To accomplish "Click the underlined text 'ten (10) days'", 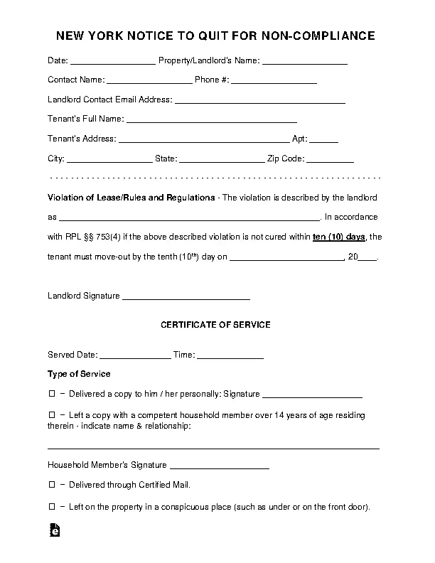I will tap(338, 237).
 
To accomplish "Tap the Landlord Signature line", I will tap(186, 295).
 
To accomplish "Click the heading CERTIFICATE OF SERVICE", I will tap(215, 325).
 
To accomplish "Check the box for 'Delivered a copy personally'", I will tap(51, 393).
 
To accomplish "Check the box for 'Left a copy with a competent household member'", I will tap(51, 414).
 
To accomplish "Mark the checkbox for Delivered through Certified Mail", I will tap(51, 485).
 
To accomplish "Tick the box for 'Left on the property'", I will tap(51, 507).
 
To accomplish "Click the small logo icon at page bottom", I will tap(54, 530).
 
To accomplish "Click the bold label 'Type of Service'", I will tap(79, 373).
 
